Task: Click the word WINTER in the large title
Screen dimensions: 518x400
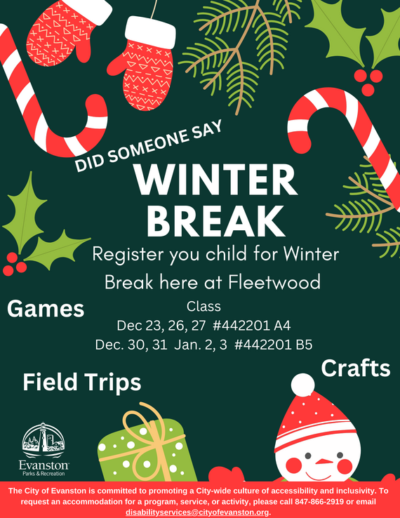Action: point(204,181)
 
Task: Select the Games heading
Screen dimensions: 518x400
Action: point(46,308)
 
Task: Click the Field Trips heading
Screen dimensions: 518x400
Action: point(81,382)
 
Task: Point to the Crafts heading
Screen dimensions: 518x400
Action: point(356,368)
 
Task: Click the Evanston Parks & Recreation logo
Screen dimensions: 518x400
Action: point(44,449)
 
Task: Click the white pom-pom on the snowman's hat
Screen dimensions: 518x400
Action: point(302,384)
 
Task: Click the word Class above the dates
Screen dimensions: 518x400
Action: point(204,307)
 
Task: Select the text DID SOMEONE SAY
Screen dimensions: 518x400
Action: point(148,147)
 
